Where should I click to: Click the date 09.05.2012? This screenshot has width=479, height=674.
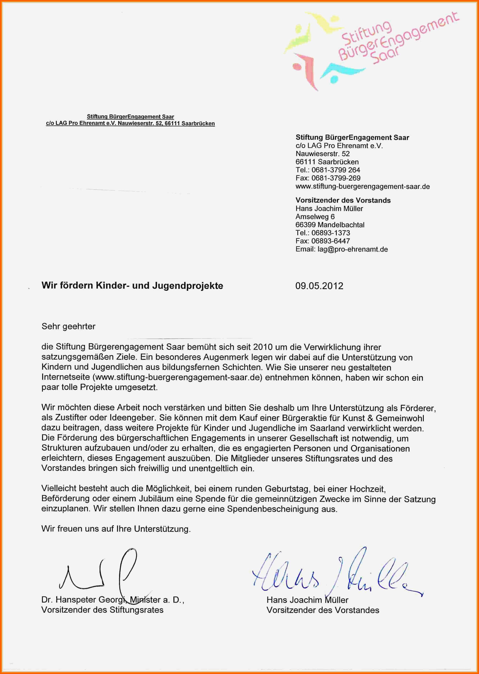[x=319, y=286]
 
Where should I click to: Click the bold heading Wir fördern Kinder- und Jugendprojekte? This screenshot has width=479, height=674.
[x=132, y=286]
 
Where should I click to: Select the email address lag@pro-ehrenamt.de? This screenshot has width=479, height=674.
[x=352, y=249]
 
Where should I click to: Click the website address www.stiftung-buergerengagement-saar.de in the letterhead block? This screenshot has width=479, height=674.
[x=363, y=186]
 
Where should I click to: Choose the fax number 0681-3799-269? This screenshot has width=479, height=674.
[x=336, y=178]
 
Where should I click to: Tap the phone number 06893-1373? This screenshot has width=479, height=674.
[x=330, y=233]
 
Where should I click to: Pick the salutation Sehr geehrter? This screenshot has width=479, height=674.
[x=68, y=326]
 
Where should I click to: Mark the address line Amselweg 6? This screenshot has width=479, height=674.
[x=315, y=217]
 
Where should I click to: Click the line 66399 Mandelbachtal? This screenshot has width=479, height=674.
[x=330, y=225]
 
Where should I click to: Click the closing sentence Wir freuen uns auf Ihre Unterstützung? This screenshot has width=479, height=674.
[x=116, y=529]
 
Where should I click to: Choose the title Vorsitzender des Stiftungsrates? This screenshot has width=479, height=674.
[x=102, y=610]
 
